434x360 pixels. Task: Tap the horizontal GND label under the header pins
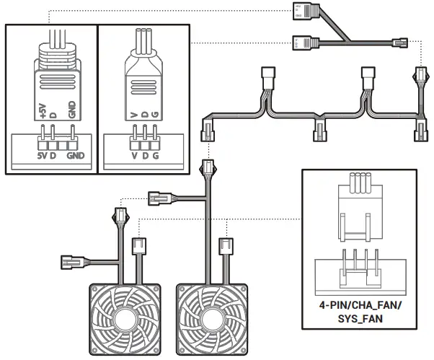(x=74, y=155)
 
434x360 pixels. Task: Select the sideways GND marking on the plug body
(x=70, y=110)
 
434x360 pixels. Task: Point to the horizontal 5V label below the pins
(x=41, y=155)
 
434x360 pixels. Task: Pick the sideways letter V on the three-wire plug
(x=134, y=114)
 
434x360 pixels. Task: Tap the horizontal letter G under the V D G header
(x=155, y=155)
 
